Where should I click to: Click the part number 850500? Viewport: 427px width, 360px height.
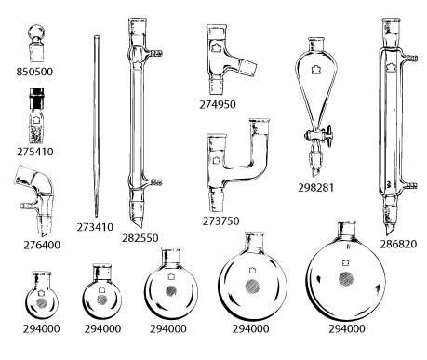[34, 72]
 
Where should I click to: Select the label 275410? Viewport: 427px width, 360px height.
[35, 152]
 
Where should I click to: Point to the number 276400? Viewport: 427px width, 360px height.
[42, 245]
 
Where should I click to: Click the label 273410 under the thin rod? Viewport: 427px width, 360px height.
[95, 227]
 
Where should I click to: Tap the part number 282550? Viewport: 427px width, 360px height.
[140, 238]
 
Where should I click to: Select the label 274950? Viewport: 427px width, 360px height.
[218, 104]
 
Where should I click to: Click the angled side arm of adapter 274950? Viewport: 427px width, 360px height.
[244, 65]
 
